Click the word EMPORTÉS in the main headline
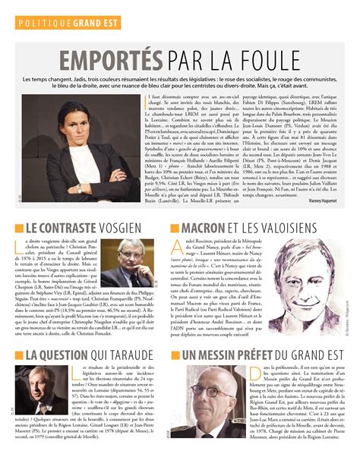[x=106, y=60]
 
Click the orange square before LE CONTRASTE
[x=19, y=228]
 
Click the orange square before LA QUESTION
[x=19, y=355]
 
